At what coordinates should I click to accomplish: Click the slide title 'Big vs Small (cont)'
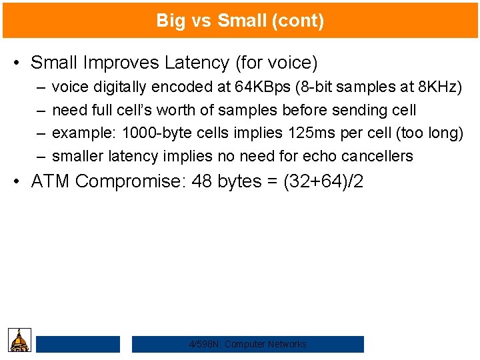[240, 21]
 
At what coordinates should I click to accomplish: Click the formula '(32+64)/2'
[323, 181]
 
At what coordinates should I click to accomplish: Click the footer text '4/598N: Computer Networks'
[248, 344]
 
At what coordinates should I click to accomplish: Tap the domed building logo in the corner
[20, 340]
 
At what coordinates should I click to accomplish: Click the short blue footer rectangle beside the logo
[78, 344]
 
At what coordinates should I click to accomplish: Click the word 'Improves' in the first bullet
[115, 63]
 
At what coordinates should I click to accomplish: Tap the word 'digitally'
[120, 87]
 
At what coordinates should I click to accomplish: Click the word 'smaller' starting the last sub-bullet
[77, 157]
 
